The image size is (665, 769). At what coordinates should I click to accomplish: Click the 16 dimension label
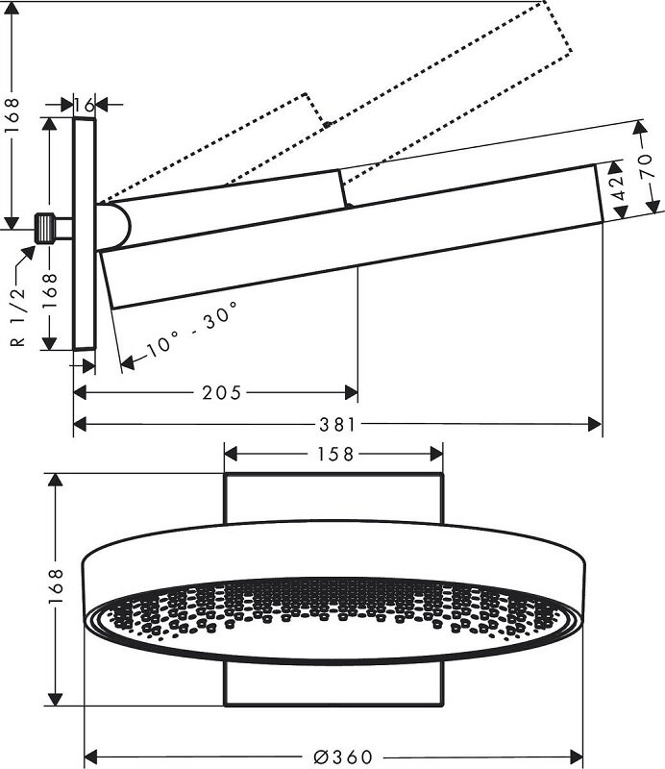85,104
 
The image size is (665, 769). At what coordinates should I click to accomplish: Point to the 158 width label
334,453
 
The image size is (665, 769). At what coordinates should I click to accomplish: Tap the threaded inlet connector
45,229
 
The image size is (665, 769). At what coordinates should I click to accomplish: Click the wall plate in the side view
85,236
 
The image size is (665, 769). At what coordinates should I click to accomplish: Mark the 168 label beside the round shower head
55,586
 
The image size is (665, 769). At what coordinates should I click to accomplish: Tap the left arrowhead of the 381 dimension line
80,424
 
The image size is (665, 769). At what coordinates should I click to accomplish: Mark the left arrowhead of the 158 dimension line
230,453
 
